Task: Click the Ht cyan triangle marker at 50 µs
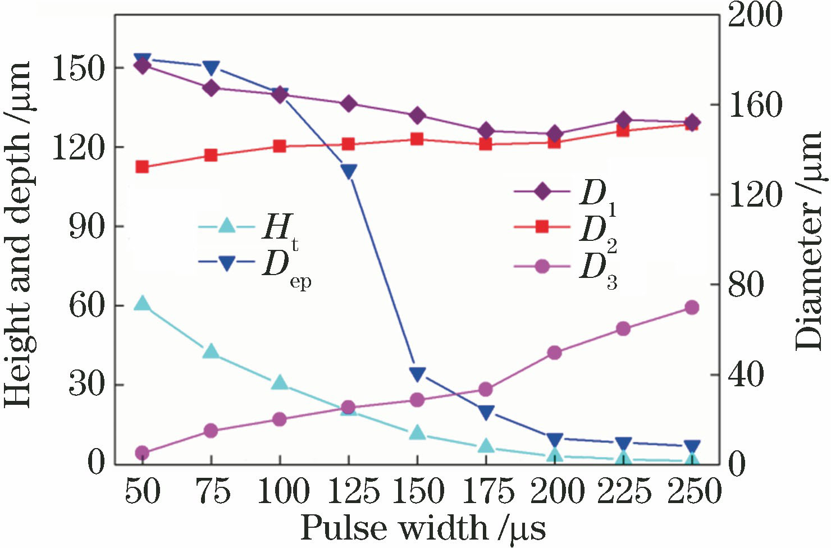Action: coord(142,304)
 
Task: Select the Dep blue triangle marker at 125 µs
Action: coord(349,171)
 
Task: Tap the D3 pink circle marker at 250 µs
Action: coord(692,308)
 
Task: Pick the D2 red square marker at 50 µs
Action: coord(142,167)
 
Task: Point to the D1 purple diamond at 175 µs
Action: coord(486,131)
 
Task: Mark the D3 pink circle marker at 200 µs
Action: coord(555,353)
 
